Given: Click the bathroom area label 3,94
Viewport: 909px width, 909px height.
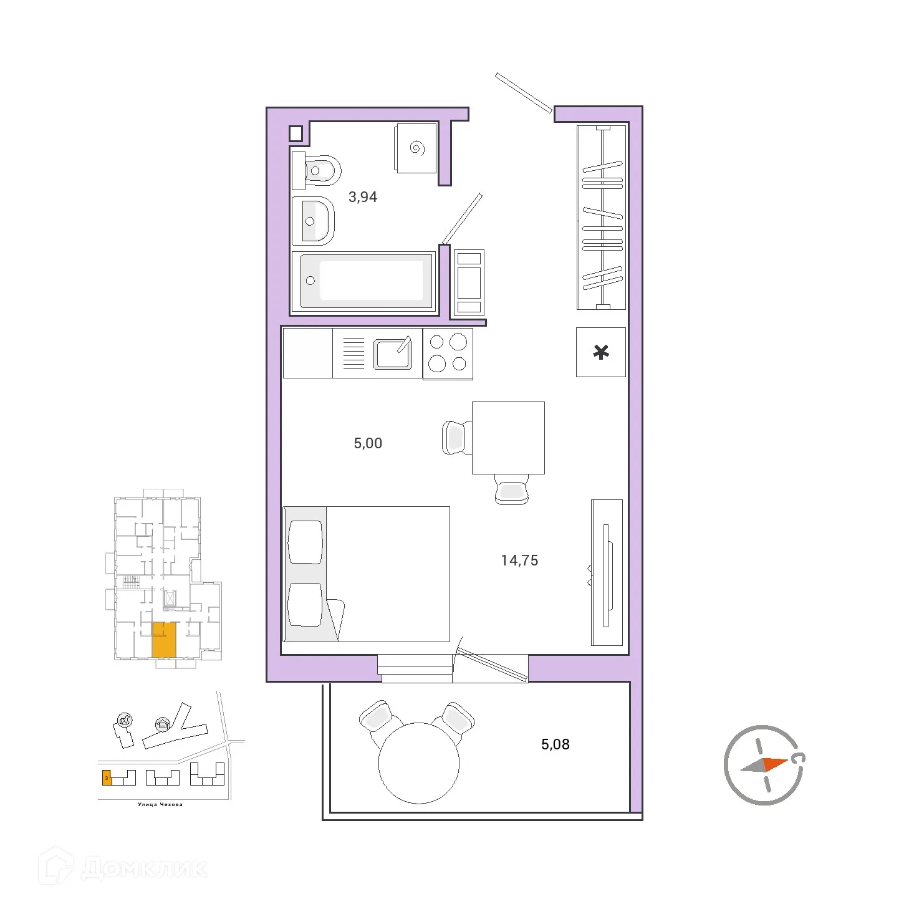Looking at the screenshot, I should tap(362, 197).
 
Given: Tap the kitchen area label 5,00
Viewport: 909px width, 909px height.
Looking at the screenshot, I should tap(368, 443).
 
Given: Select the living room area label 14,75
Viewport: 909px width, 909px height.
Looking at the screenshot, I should tap(519, 560).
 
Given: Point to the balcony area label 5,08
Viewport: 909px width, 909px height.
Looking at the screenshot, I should tap(555, 744).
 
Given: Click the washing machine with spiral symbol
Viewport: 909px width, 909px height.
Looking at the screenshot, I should tap(416, 148).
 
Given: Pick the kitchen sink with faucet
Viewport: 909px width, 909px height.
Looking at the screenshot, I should tap(393, 353).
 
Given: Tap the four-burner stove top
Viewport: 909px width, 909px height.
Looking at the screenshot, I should tap(448, 353).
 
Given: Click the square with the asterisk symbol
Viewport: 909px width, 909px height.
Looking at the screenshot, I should tap(600, 352).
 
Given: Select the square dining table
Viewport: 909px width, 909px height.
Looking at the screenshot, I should tap(508, 438).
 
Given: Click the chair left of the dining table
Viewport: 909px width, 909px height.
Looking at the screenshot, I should tap(456, 438).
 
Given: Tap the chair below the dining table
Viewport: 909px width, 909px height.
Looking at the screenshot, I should tap(511, 489).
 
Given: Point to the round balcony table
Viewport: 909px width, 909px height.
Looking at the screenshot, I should tap(419, 762).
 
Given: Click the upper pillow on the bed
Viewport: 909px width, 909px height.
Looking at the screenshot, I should tap(305, 542).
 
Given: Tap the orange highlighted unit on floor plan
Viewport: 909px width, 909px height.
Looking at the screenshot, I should tap(164, 640).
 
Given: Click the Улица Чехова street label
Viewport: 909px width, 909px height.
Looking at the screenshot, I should tap(160, 804).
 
